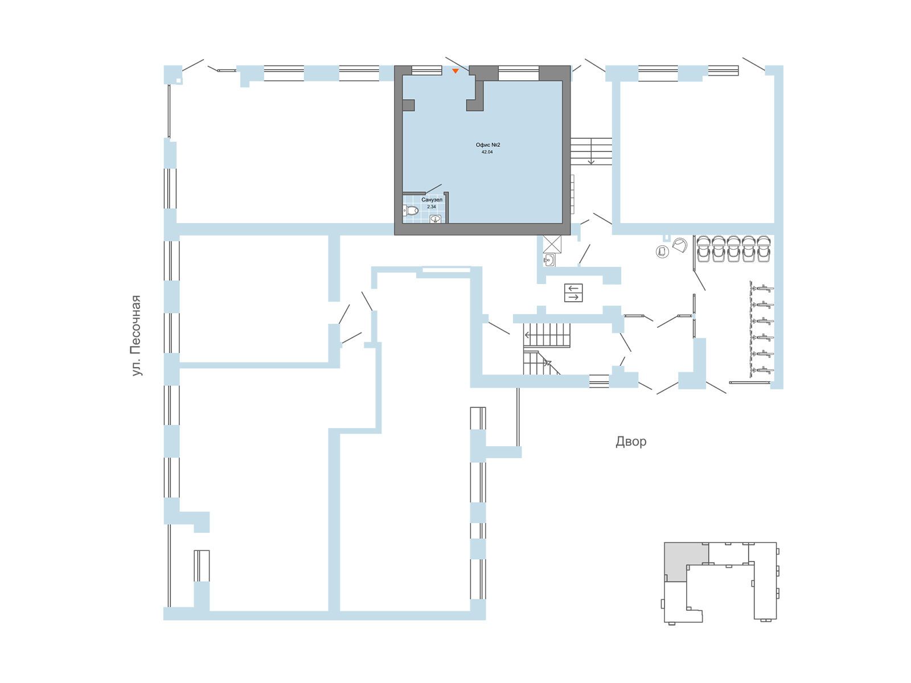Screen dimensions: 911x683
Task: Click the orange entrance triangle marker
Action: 455,71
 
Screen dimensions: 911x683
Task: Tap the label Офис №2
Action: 487,145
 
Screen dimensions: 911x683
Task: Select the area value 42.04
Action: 487,152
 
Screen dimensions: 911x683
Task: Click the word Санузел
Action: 432,200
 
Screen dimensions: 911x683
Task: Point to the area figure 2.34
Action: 432,207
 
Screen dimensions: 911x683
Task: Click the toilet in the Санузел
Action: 411,211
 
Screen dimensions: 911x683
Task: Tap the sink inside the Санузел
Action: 435,219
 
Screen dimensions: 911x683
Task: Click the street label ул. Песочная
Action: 136,336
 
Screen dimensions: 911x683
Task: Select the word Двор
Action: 631,442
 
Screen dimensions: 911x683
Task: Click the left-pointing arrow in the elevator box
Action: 573,288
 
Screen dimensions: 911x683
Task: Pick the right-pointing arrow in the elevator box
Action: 573,297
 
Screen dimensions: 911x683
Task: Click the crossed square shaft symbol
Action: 552,244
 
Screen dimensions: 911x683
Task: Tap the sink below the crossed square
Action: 549,260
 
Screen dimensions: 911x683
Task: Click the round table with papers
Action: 662,252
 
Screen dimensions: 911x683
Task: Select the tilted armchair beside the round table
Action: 679,245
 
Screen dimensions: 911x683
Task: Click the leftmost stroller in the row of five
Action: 704,249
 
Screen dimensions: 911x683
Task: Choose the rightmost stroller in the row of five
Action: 764,249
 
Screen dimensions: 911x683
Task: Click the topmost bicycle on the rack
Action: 762,288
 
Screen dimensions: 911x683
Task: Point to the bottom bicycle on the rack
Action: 762,370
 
